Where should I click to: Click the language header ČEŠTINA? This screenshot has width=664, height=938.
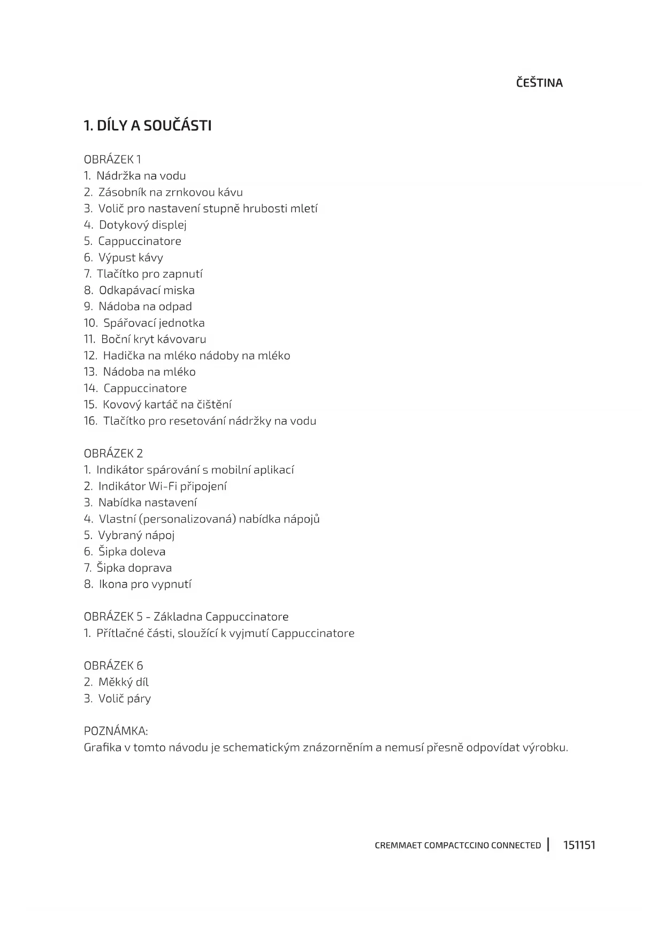tap(539, 83)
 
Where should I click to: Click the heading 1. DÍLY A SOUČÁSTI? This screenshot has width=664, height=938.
tap(148, 126)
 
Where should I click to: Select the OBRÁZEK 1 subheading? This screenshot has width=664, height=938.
tap(112, 159)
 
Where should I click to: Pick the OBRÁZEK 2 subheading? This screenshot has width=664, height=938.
tap(113, 453)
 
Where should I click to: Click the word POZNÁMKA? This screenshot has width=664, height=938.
tap(116, 731)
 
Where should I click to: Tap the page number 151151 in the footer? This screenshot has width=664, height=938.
tap(579, 845)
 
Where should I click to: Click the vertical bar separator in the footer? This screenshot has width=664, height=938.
tap(548, 844)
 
